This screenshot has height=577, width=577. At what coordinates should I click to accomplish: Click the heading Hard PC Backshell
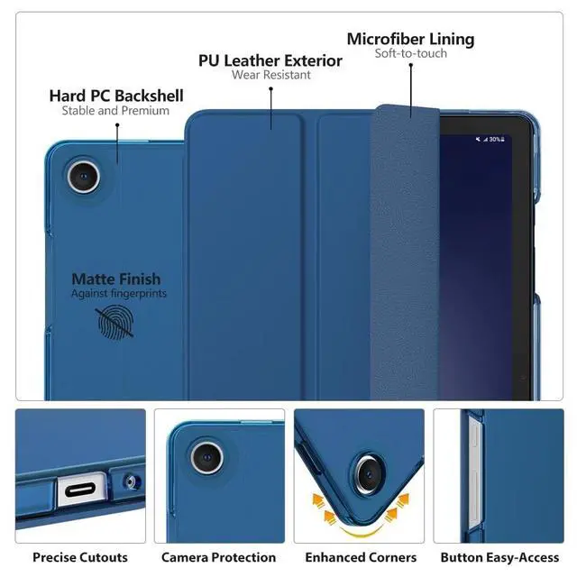pos(116,96)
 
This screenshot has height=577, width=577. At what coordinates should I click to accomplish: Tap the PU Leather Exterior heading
pos(270,60)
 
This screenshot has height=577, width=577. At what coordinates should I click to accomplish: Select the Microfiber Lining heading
pos(410,39)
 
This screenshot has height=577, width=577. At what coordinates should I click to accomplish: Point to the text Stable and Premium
pos(115,111)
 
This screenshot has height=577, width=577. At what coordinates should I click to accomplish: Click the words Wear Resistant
pos(270,76)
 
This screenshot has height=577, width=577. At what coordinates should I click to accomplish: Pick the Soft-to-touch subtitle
pos(410,53)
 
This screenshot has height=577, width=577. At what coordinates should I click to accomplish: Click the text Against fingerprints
pos(119,294)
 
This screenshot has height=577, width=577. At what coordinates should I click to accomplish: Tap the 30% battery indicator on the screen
pos(494,140)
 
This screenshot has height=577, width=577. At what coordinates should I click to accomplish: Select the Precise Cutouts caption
pos(80,557)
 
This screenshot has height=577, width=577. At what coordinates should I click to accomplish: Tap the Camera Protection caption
pos(218,557)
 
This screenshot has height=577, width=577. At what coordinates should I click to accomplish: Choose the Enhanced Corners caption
pos(361,557)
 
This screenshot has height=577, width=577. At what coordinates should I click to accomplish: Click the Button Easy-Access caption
pos(499,557)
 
